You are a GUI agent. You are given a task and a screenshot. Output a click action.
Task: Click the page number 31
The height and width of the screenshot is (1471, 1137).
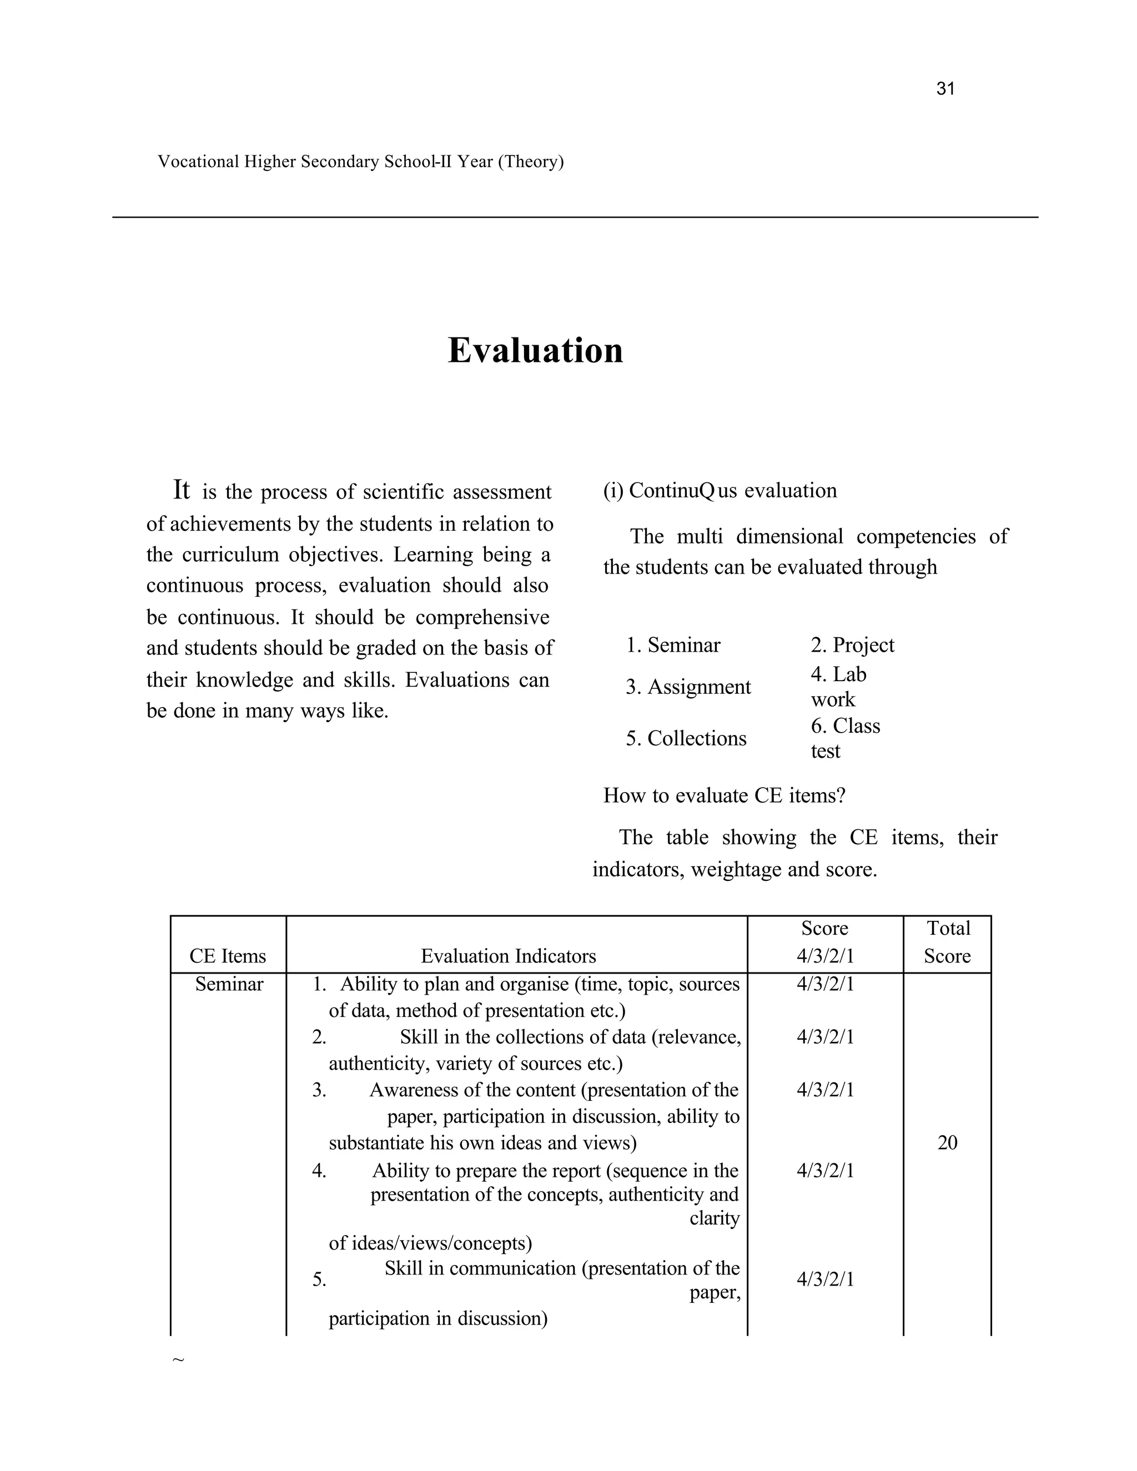pos(945,89)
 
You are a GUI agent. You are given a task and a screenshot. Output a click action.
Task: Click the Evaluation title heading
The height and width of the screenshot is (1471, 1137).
pos(536,350)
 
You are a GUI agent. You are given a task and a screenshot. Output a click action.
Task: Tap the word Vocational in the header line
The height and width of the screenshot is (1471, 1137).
pos(199,162)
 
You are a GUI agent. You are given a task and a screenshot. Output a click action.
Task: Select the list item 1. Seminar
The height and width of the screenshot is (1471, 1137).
pos(673,645)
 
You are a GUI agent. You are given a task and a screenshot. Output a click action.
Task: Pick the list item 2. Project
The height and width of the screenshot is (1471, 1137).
pos(852,645)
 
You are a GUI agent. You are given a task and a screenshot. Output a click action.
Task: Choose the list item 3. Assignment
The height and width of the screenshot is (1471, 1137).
pos(688,687)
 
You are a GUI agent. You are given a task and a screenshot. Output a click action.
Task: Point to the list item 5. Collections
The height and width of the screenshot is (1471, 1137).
pos(686,738)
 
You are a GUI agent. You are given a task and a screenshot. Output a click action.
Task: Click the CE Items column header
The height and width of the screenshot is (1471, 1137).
pos(228,956)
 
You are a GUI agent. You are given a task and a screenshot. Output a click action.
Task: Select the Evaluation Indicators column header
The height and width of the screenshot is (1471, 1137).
pos(509,956)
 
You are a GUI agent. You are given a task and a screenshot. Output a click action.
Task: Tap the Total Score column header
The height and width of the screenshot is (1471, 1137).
pos(947,943)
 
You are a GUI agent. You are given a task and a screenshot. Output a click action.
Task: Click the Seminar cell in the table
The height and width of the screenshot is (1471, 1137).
pos(229,985)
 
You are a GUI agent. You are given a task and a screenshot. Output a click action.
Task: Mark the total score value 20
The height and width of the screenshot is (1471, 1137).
pos(947,1143)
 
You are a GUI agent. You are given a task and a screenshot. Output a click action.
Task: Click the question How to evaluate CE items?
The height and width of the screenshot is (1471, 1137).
pos(724,795)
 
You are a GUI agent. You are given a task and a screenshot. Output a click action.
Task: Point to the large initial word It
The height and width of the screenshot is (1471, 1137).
pos(181,490)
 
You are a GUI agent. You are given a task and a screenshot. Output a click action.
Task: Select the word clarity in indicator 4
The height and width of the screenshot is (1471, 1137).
pos(715,1218)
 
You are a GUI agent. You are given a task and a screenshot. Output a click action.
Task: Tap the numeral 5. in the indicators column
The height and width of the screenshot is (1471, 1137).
pos(319,1279)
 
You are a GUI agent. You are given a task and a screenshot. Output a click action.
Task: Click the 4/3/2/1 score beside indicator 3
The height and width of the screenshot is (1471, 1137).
pos(825,1090)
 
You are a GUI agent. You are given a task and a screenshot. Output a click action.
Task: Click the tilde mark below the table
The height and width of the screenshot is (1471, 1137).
pos(178,1361)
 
